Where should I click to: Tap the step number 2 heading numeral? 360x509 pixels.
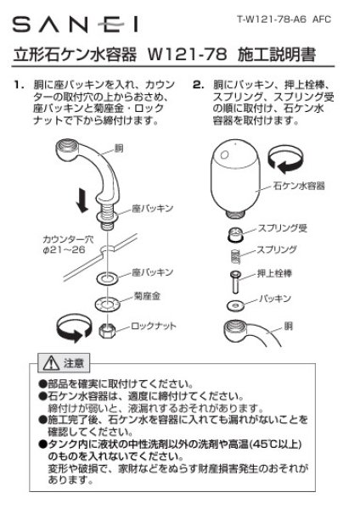pos(196,86)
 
